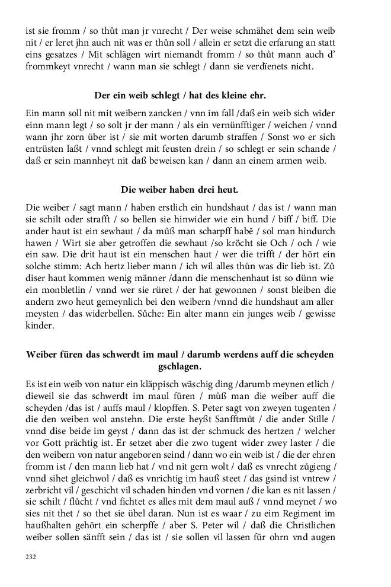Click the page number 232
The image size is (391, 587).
click(31, 557)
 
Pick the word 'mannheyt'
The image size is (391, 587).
click(94, 161)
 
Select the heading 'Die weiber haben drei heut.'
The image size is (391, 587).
click(180, 190)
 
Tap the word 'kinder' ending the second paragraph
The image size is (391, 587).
click(40, 326)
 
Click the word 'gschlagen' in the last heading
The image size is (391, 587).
click(180, 367)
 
